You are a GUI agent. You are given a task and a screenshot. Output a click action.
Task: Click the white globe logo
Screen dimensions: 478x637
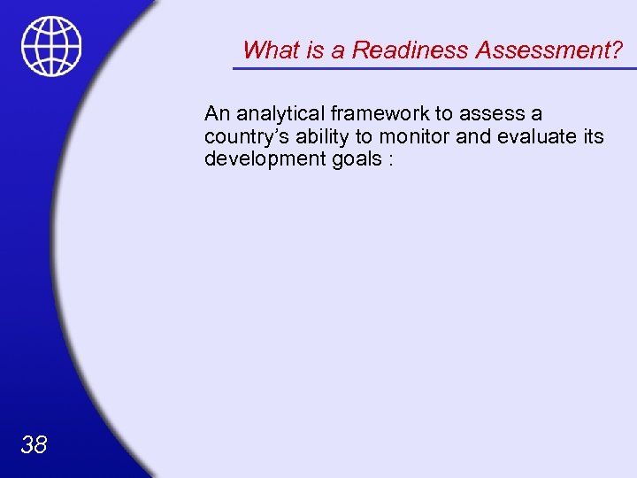click(x=51, y=46)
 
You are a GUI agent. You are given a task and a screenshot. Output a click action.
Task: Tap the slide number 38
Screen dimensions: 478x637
click(x=34, y=444)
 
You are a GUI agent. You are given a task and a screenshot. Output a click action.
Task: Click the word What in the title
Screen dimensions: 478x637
click(x=269, y=50)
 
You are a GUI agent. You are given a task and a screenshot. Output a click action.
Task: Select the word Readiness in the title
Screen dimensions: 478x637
click(x=411, y=50)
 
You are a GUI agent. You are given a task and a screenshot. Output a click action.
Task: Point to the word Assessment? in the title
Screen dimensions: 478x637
click(x=549, y=50)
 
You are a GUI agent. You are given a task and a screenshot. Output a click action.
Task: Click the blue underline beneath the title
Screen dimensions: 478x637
click(x=434, y=67)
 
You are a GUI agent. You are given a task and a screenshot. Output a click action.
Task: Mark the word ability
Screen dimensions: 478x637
click(x=320, y=137)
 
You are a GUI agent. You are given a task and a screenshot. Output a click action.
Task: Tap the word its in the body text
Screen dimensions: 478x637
click(x=592, y=137)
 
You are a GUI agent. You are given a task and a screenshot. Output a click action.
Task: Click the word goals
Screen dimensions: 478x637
click(x=353, y=160)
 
